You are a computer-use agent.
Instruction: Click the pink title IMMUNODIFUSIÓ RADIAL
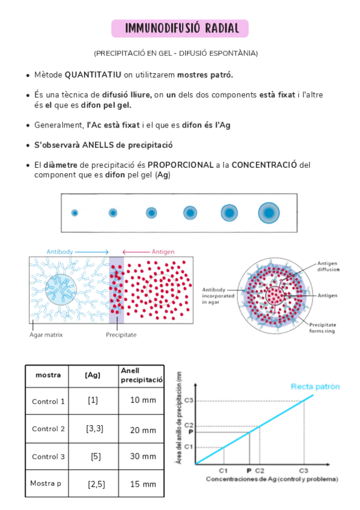tap(180, 28)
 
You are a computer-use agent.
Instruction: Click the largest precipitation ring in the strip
tap(269, 212)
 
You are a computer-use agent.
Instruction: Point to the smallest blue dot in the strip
tap(75, 212)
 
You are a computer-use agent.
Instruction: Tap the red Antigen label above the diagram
tap(163, 252)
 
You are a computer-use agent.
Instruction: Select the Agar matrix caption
tap(46, 334)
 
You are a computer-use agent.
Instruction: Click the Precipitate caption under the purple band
tap(121, 334)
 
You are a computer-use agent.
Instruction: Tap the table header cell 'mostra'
tap(48, 375)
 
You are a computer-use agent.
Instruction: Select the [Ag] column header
tap(93, 375)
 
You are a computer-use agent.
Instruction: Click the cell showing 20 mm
tap(143, 430)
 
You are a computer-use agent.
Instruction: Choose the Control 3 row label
tap(48, 456)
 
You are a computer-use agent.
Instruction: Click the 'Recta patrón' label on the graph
tap(316, 386)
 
